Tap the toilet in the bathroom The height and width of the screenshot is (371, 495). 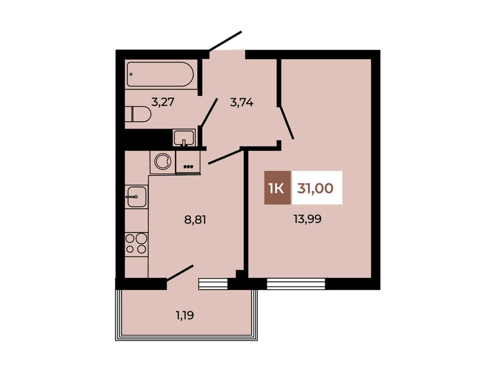tap(138, 114)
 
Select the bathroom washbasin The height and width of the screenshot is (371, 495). tap(184, 138)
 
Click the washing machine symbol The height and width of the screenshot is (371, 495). tap(163, 162)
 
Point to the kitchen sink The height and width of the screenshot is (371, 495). tap(137, 196)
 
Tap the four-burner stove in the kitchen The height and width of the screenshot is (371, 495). tap(137, 244)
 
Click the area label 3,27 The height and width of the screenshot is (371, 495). tap(163, 102)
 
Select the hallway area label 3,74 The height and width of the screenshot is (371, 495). tap(242, 103)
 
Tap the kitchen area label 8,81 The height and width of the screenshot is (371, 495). tap(195, 220)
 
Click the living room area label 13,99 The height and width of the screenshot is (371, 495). tap(307, 219)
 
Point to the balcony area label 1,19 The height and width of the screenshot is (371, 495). tap(184, 315)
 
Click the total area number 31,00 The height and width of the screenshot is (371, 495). tap(315, 188)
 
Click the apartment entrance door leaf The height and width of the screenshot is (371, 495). tap(225, 41)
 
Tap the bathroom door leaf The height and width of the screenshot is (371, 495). tap(209, 112)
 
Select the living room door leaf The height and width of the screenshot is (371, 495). tap(287, 122)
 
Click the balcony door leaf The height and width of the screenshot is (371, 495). tap(179, 273)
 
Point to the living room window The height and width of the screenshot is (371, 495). tap(296, 284)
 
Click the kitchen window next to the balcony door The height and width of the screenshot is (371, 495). tap(213, 284)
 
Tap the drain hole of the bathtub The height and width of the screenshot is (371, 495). tap(131, 74)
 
